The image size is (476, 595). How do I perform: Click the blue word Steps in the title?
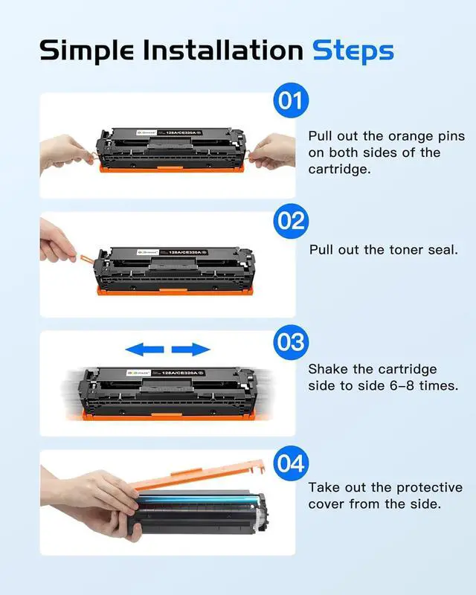353,51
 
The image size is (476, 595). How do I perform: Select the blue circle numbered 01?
291,100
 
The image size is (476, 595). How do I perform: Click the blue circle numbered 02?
291,221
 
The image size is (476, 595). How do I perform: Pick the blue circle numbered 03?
291,342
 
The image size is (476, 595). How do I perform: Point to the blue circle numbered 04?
291,463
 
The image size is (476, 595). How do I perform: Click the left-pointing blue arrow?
144,349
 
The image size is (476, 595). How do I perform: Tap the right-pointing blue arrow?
191,349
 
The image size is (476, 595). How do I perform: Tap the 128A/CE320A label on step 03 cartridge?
180,373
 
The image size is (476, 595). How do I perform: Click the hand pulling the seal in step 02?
57,241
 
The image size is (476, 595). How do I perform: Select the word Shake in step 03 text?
327,369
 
